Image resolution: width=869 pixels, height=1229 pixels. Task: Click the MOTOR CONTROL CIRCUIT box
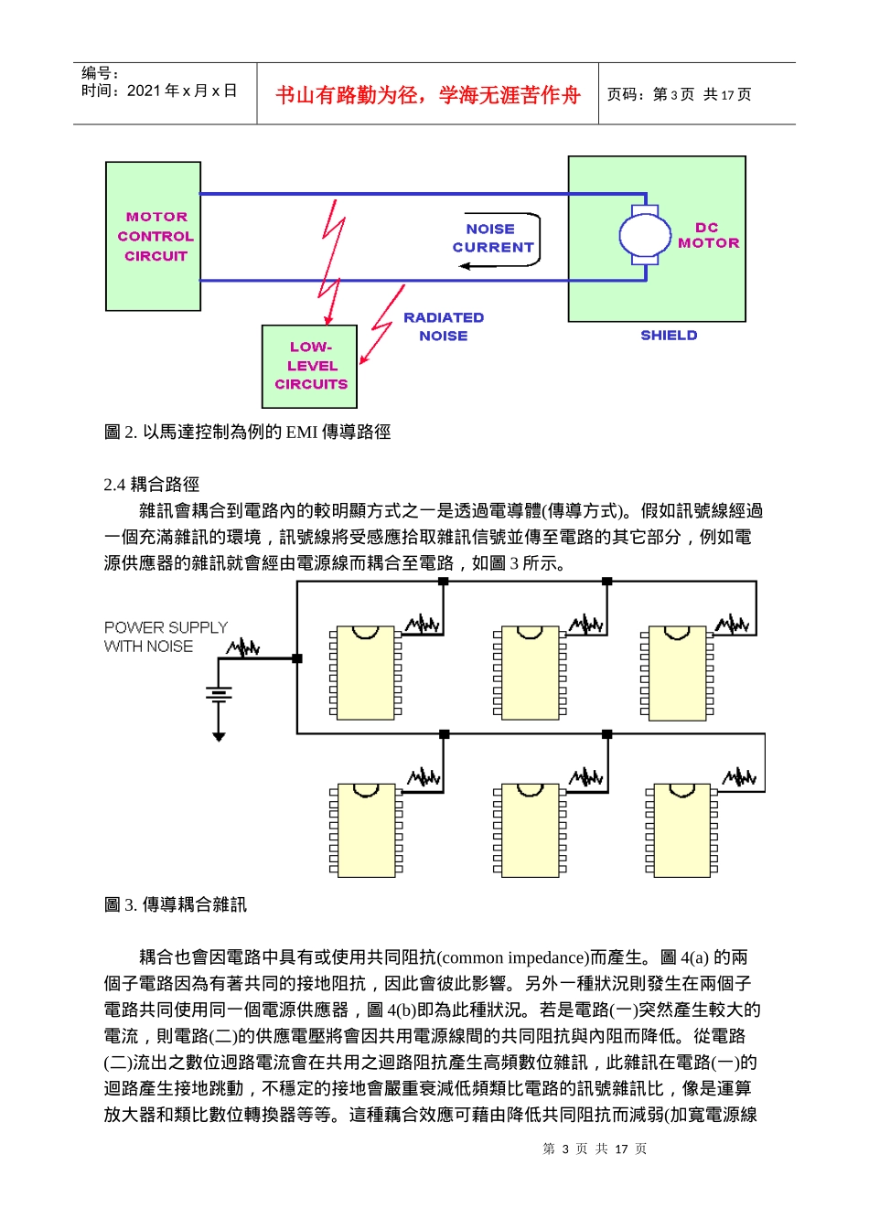point(154,237)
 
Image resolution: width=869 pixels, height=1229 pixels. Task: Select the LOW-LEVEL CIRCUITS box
point(310,366)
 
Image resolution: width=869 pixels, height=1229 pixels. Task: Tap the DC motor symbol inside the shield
point(645,236)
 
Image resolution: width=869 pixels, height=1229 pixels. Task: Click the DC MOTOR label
point(708,235)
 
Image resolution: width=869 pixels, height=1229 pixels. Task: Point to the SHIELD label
point(669,336)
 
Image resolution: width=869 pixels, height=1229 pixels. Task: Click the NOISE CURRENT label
point(492,238)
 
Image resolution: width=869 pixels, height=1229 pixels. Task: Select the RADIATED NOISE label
point(444,326)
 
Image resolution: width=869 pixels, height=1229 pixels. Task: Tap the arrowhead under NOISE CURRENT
point(466,266)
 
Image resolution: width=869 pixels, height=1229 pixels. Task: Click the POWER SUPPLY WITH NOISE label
point(166,636)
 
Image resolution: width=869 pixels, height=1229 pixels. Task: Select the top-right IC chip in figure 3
point(677,673)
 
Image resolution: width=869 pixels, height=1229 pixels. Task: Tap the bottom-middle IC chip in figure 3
point(530,830)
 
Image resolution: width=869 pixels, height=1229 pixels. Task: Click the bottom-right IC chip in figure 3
point(681,830)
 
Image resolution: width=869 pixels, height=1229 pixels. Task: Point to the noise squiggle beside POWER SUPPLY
point(243,648)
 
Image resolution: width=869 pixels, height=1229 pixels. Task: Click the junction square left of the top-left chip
point(297,658)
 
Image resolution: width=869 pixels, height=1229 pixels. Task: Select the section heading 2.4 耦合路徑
point(152,485)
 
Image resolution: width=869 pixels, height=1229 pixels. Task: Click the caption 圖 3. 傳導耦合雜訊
point(176,904)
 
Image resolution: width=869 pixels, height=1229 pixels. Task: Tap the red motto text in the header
point(428,95)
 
